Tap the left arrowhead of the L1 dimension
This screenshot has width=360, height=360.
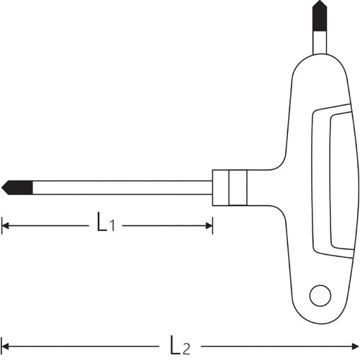point(5,226)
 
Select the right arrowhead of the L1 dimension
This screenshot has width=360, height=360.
point(209,226)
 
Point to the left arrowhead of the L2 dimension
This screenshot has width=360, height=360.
point(5,346)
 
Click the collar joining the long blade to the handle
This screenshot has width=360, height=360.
point(230,187)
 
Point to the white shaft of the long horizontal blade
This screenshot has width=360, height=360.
point(122,187)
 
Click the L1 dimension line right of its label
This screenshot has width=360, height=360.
point(166,226)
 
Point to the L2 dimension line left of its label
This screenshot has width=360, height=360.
point(86,346)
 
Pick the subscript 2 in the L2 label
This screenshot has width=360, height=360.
point(186,349)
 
